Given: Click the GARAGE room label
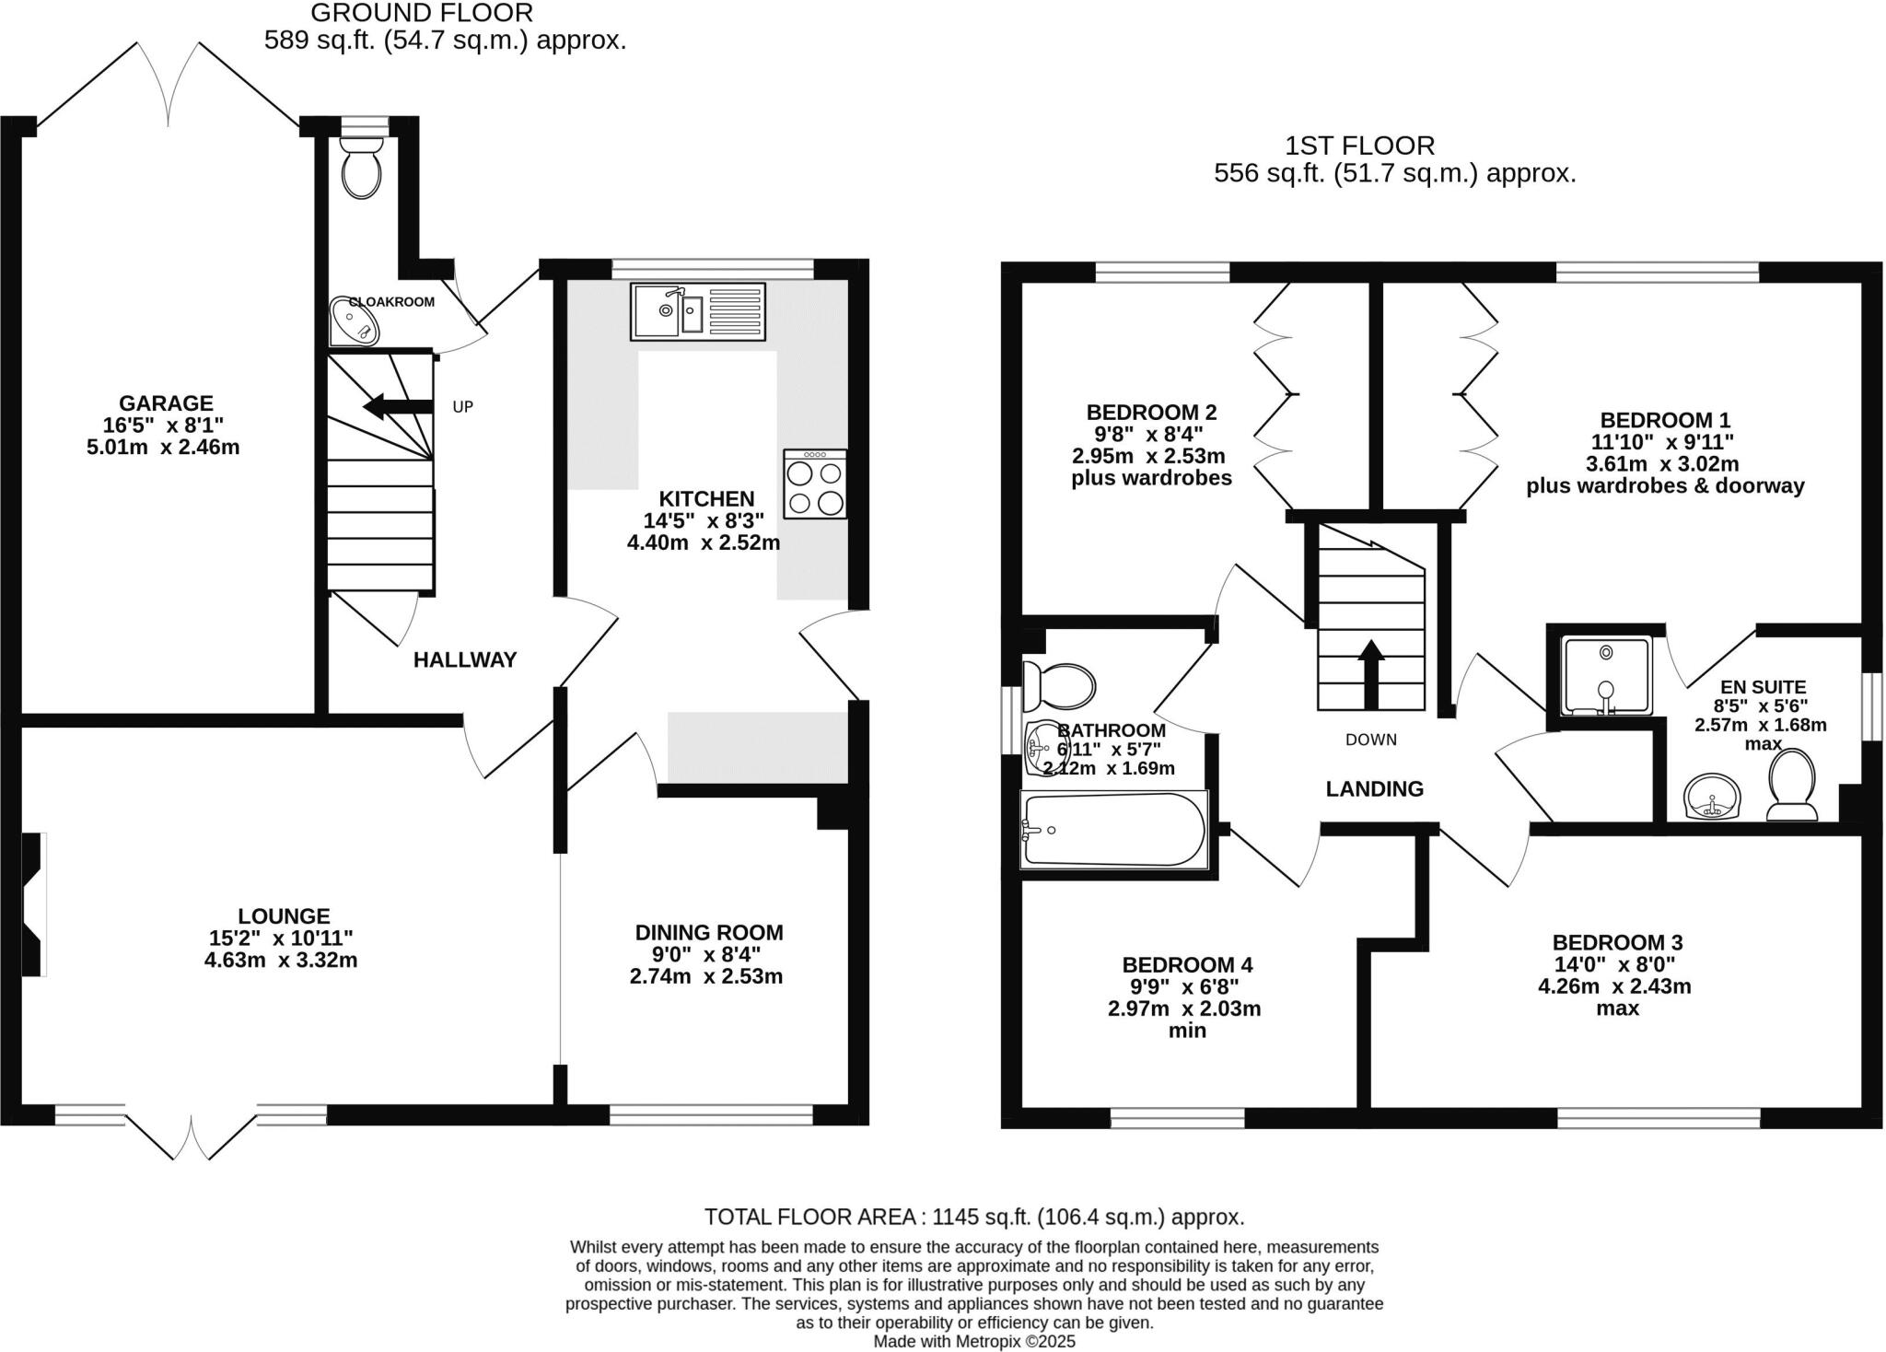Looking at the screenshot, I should pos(166,402).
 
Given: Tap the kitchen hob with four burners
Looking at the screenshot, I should pos(815,484).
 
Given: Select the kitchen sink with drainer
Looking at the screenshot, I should pos(698,311).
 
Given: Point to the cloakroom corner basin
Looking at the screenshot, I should pos(353,321).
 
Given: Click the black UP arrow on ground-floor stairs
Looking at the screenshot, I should pos(397,406).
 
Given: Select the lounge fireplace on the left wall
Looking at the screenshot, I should pos(34,904).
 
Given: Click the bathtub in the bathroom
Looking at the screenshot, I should pos(1113,829).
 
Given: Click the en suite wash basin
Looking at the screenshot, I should pos(1712,796).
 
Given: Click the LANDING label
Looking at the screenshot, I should pos(1374,788).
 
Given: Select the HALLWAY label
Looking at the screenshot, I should pos(465,659).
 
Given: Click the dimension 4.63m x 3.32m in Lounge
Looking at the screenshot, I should pos(281,960).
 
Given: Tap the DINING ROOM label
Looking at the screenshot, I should pos(709,932).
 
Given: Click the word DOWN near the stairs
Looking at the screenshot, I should pos(1370,740).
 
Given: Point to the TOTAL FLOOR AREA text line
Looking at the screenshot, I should pos(973,1217).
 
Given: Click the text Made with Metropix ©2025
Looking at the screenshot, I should pos(973,1342).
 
